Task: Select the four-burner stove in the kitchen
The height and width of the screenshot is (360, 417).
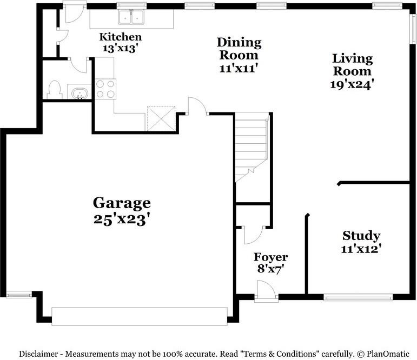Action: point(105,89)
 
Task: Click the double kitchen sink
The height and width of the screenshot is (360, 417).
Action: point(131,18)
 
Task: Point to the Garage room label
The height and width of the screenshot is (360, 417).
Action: point(122,203)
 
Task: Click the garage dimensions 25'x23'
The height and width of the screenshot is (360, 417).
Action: point(122,219)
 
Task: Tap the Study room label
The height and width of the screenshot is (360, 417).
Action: point(361,236)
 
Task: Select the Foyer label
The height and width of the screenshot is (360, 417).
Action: point(271,257)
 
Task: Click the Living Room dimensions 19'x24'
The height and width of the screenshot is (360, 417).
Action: point(352,84)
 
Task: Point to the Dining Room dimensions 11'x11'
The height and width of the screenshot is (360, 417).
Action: point(239,68)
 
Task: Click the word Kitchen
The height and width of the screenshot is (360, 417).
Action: point(121,37)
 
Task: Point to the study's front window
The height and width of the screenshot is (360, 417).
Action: point(358,297)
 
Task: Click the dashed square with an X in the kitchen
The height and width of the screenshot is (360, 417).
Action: point(161,118)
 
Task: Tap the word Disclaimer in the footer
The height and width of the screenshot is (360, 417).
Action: point(41,354)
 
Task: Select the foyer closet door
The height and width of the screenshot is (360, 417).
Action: point(252,234)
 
